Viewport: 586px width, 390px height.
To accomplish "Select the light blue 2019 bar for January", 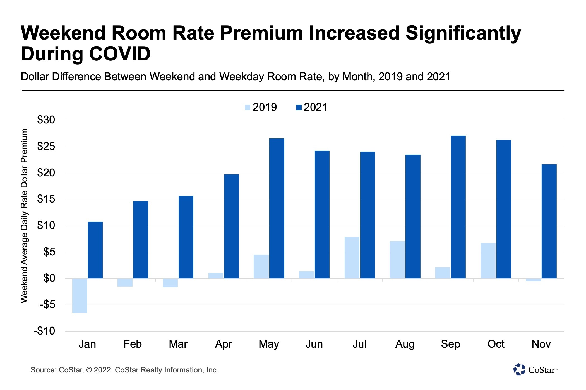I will [x=80, y=296].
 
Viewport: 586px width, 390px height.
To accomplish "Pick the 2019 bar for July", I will [x=352, y=257].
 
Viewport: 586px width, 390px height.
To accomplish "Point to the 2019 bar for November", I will [x=534, y=280].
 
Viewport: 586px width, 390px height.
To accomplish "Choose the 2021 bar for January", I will [x=95, y=250].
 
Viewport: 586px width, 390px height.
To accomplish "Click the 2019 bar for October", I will [x=488, y=260].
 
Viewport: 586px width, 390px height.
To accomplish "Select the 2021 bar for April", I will [x=231, y=226].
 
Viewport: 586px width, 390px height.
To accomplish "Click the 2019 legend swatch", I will [x=248, y=108].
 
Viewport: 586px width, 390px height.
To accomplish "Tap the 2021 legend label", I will [x=315, y=108].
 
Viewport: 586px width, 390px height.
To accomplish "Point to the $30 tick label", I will [x=46, y=120].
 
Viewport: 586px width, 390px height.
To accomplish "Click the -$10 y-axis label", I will [x=44, y=331].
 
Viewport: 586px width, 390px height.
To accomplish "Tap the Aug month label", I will [x=405, y=344].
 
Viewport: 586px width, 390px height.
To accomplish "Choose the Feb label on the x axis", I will [x=133, y=344].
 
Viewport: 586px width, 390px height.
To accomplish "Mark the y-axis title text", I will [x=25, y=216].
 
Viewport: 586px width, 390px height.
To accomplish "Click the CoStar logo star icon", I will [x=519, y=369].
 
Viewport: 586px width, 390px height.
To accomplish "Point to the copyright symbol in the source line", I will [x=89, y=370].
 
